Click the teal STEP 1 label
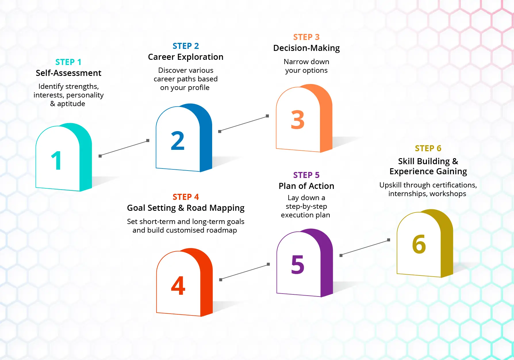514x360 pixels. click(x=68, y=62)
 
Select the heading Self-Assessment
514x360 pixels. click(x=68, y=73)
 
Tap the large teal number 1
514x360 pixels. click(x=56, y=160)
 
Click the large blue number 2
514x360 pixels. click(x=177, y=141)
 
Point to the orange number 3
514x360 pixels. click(x=298, y=120)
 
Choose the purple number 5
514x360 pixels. click(x=298, y=265)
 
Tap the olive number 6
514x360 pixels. click(x=419, y=244)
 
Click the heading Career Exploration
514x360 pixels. click(x=185, y=57)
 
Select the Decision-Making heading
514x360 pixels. click(x=306, y=48)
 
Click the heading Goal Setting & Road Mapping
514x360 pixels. click(x=185, y=208)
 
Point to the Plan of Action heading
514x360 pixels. click(x=306, y=186)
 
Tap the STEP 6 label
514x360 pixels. click(x=428, y=148)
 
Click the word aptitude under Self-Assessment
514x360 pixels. click(x=71, y=104)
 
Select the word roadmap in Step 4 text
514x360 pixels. click(x=221, y=230)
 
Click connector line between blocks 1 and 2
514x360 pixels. click(x=124, y=148)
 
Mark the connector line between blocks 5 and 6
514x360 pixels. click(x=365, y=248)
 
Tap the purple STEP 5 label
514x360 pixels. click(x=306, y=175)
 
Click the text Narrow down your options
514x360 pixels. click(x=306, y=66)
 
